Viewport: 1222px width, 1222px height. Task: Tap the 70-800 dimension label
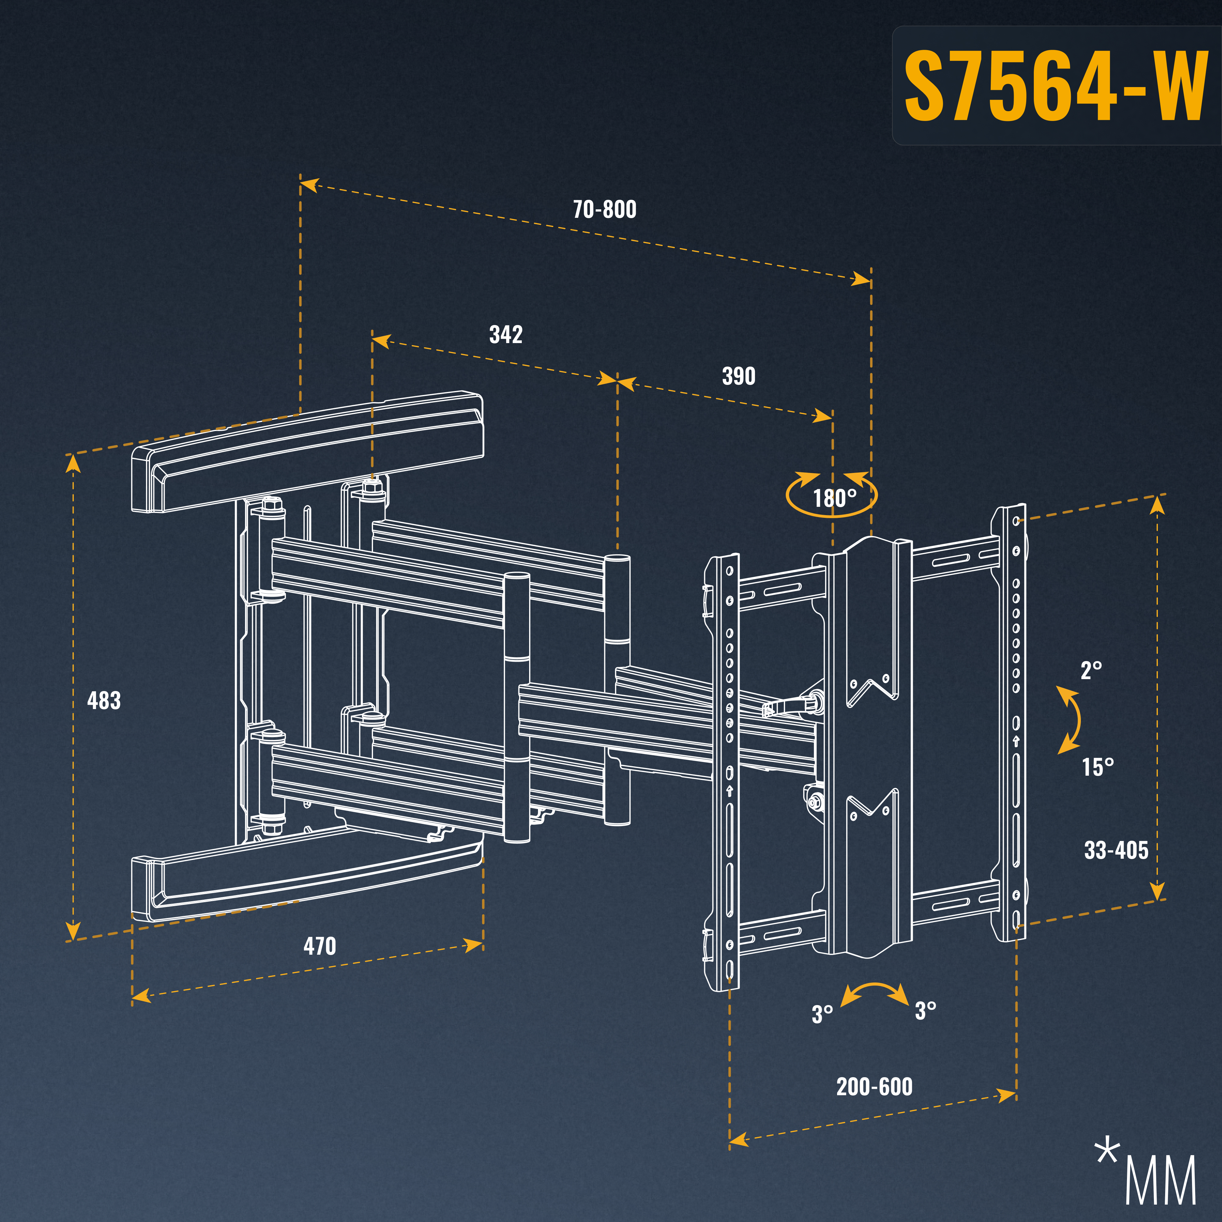(x=604, y=209)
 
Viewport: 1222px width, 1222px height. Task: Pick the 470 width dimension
(x=320, y=946)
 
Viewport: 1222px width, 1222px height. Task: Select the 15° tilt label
(x=1097, y=767)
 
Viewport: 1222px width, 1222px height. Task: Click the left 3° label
(x=822, y=1013)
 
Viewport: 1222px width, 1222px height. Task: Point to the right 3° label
(x=925, y=1010)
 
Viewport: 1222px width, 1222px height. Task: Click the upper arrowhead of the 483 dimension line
(x=73, y=464)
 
